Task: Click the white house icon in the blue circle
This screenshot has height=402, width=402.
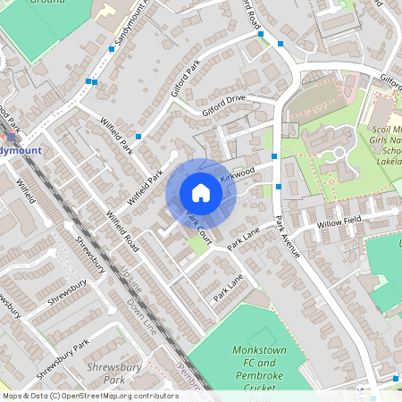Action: [201, 192]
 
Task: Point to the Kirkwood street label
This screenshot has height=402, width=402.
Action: [238, 170]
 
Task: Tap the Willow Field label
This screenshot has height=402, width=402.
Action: [337, 222]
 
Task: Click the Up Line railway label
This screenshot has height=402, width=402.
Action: [130, 281]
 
